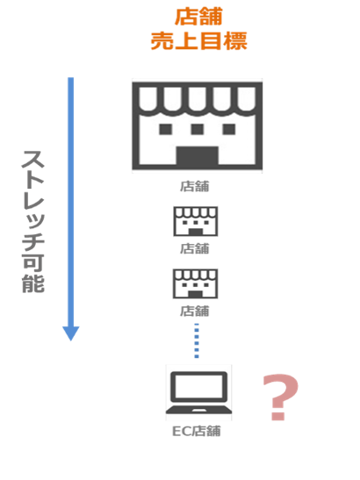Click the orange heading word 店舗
click(x=198, y=17)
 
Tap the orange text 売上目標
click(x=198, y=40)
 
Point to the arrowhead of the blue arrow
click(x=71, y=333)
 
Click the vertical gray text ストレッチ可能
click(x=33, y=221)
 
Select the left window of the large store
click(x=165, y=129)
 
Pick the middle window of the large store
click(x=197, y=129)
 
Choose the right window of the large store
click(x=229, y=129)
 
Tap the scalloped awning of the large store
click(x=197, y=98)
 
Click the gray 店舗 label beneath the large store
click(x=195, y=186)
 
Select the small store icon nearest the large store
click(x=196, y=221)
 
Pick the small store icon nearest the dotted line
click(x=196, y=283)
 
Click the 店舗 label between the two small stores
click(x=195, y=248)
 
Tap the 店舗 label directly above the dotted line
click(x=195, y=311)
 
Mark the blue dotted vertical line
click(x=197, y=340)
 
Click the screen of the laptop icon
click(x=198, y=386)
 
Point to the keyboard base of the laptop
click(x=198, y=410)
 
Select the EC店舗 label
click(x=197, y=431)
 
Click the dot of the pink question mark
click(x=278, y=416)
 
